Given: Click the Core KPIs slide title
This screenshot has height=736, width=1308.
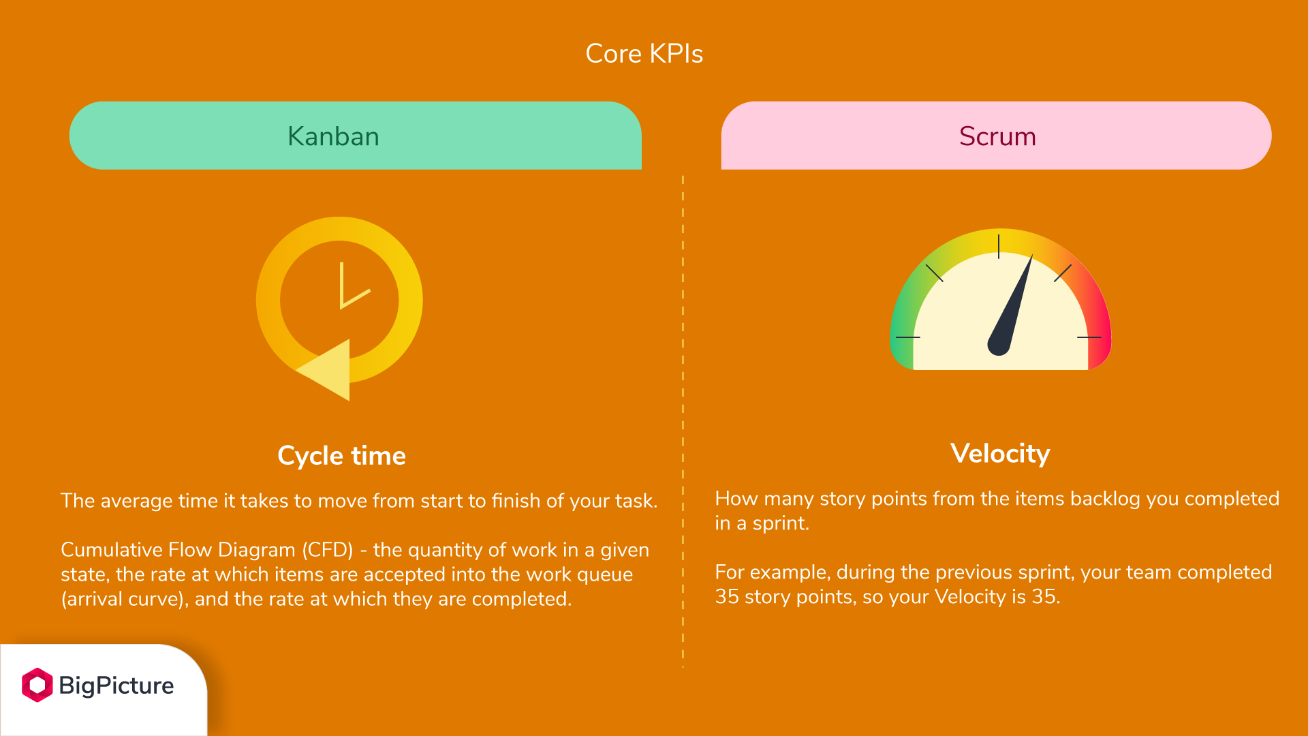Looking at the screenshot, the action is click(x=644, y=54).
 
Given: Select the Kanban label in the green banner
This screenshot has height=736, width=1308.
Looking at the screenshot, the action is click(x=333, y=136).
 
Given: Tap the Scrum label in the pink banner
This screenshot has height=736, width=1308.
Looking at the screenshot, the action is click(x=997, y=136).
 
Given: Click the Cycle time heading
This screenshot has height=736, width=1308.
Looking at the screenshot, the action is click(x=341, y=456).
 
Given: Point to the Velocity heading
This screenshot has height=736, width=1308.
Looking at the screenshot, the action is click(x=1000, y=454).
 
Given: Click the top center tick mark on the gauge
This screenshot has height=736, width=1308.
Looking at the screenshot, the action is click(x=999, y=247).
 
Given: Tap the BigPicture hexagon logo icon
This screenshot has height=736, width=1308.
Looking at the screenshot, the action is click(x=37, y=685).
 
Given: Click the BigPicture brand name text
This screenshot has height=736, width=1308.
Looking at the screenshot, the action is click(x=116, y=686).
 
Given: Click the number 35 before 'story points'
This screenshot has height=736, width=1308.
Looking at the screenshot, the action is click(x=727, y=597).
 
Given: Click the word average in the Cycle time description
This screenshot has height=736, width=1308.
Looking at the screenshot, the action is click(x=136, y=501).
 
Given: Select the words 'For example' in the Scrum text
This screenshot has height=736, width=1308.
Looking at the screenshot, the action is click(x=772, y=572).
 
